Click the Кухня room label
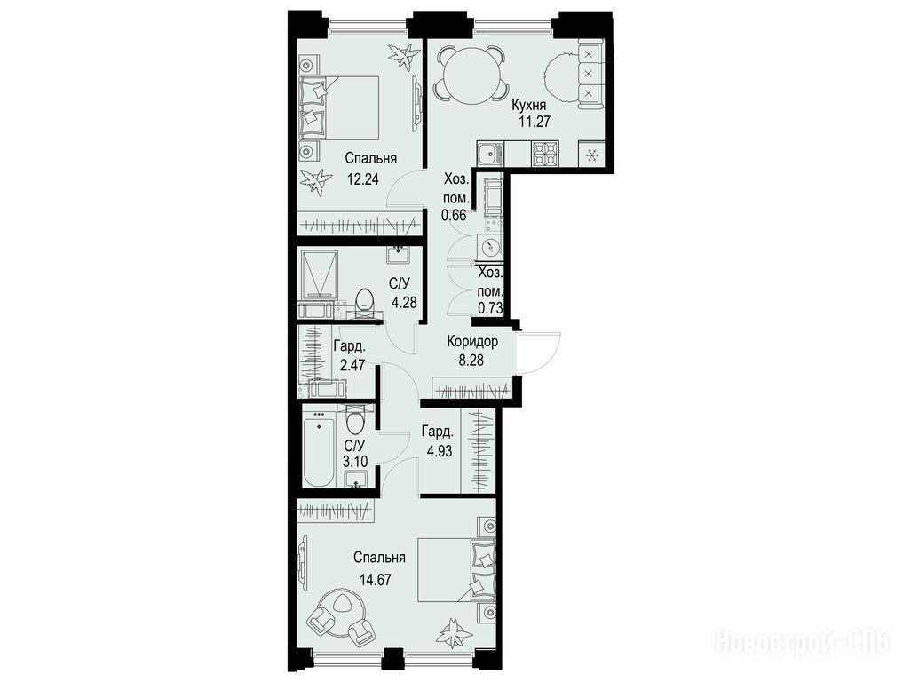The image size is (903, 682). (528, 106)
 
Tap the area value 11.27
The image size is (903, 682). (532, 122)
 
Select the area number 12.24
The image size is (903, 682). (363, 178)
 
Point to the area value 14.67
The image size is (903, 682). (376, 580)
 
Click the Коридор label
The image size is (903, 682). (472, 342)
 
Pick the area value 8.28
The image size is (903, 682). (471, 361)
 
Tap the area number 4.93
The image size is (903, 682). (439, 450)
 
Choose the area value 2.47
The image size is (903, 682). (352, 365)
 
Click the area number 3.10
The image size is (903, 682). (354, 462)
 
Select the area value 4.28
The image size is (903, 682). (403, 302)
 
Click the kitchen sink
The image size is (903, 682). (490, 154)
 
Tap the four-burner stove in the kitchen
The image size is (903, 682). (545, 155)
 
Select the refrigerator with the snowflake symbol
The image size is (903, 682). (591, 155)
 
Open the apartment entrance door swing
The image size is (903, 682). (539, 352)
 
